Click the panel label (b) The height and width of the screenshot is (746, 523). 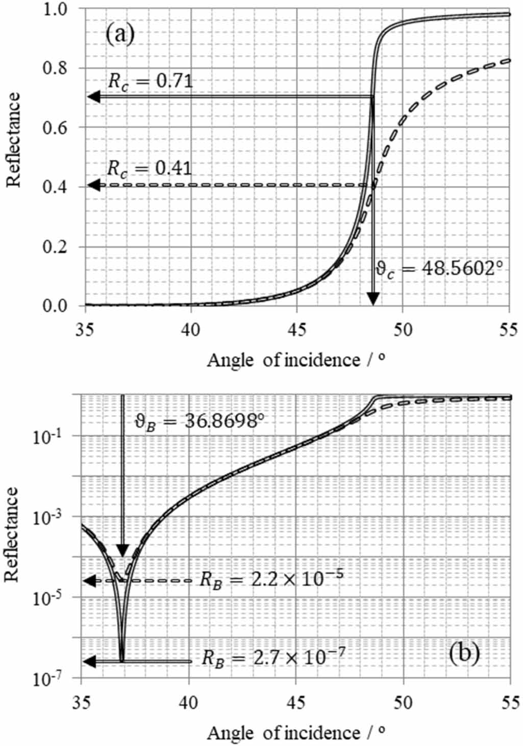pos(464,653)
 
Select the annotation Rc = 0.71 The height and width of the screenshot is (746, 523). pos(151,81)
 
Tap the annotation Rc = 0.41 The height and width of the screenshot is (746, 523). pos(150,169)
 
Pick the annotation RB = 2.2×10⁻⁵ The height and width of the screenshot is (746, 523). pos(271,579)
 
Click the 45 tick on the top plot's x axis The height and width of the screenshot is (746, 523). pos(297,330)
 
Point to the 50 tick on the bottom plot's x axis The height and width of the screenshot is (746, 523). pos(403,703)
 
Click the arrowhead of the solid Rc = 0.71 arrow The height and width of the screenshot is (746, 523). pos(93,96)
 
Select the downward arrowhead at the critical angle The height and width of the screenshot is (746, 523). pos(373,298)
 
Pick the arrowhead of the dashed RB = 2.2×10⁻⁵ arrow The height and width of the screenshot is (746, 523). pos(90,580)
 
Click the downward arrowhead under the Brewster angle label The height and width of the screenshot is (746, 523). pos(122,550)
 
